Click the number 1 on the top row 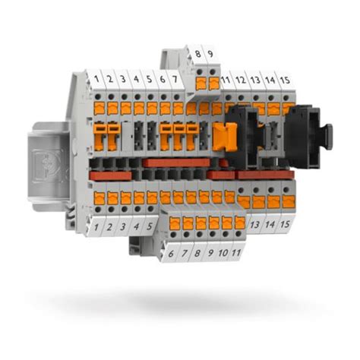click(98, 78)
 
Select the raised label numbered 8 click(198, 54)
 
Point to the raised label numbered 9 click(210, 54)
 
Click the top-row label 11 click(226, 78)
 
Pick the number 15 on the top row click(284, 78)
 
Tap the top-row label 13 click(255, 78)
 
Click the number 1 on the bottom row click(98, 226)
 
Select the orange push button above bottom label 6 click(174, 223)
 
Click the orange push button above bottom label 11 click(240, 223)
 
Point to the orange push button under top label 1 click(99, 108)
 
